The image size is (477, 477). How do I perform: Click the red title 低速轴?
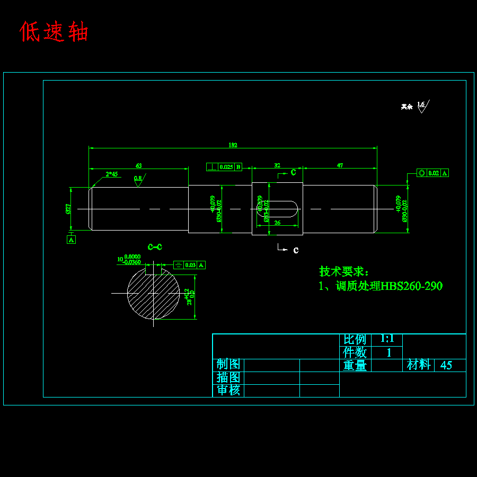(54, 32)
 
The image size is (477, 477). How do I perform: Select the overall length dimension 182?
(233, 145)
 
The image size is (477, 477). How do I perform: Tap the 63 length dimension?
(139, 166)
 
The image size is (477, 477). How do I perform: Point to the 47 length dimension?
(340, 165)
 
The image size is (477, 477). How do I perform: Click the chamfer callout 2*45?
(112, 174)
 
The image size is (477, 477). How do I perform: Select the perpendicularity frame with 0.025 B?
(224, 167)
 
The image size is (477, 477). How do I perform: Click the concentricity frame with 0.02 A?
(432, 173)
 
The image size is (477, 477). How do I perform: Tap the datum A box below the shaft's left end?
(72, 240)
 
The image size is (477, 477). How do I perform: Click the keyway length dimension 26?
(277, 223)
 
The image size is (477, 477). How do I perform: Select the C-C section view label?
(155, 247)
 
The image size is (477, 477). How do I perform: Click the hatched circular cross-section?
(153, 293)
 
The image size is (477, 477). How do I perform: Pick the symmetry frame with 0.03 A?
(189, 265)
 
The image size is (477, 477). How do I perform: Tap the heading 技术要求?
(343, 271)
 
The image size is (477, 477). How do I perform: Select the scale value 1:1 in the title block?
(387, 339)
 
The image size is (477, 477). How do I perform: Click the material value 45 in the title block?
(446, 365)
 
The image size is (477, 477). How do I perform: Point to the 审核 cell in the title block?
(228, 391)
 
